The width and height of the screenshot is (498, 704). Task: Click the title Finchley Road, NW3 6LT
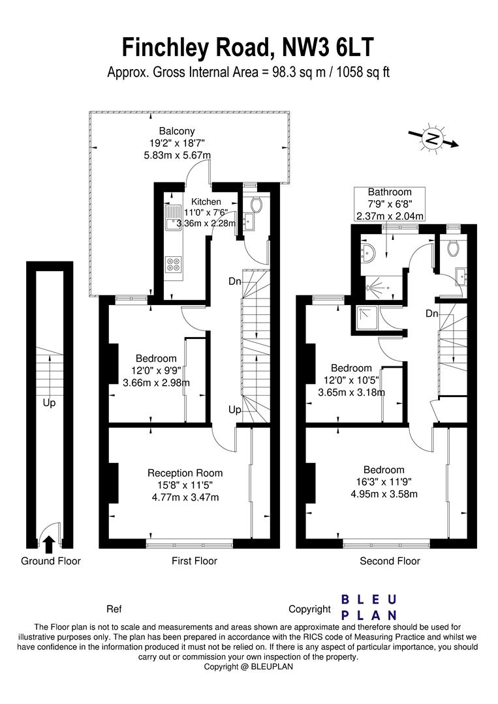click(249, 48)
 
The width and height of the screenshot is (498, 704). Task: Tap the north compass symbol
click(433, 138)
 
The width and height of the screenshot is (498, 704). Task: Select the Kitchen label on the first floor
click(206, 202)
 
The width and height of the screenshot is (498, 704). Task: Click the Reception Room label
click(185, 473)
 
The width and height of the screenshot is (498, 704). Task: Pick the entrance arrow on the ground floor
click(48, 542)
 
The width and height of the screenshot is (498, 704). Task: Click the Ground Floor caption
click(51, 561)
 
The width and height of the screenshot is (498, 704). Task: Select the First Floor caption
click(195, 561)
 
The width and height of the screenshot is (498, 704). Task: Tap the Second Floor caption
click(390, 561)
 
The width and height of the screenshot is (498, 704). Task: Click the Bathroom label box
click(390, 204)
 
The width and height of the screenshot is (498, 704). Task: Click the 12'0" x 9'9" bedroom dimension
click(156, 370)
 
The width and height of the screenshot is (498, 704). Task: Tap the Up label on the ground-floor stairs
click(50, 403)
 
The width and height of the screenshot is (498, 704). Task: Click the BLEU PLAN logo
click(369, 607)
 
